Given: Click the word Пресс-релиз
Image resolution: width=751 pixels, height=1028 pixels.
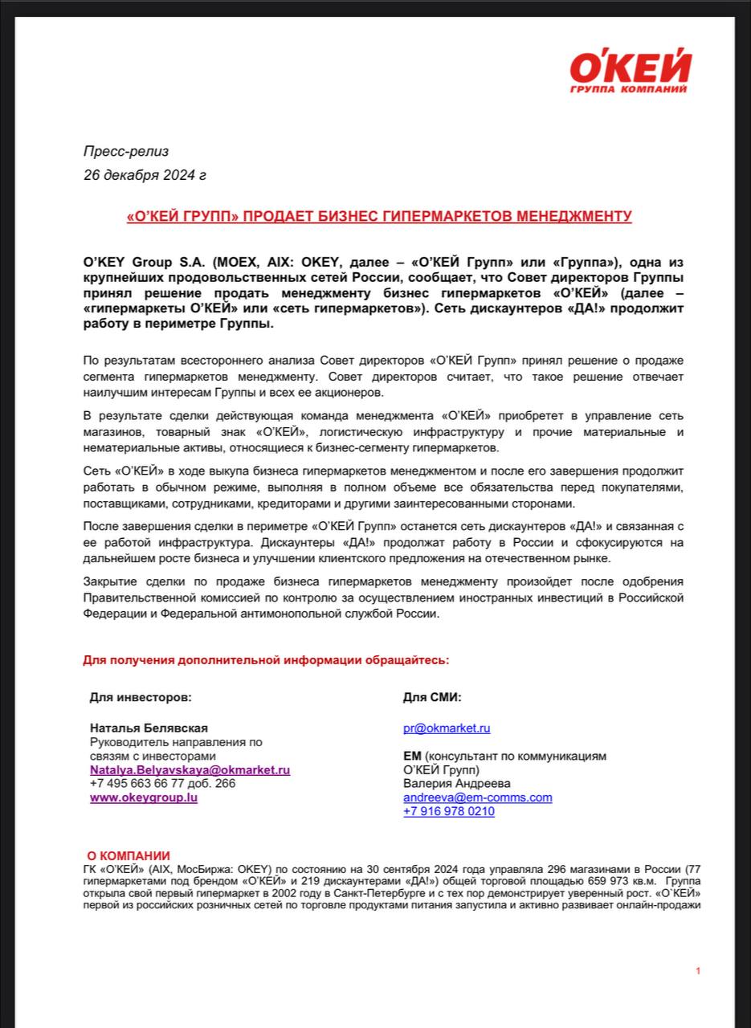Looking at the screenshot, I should tap(126, 151).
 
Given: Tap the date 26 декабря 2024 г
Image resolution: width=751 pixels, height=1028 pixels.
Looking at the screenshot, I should tap(145, 174).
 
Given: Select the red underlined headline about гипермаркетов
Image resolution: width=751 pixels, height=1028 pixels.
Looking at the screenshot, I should tap(379, 216).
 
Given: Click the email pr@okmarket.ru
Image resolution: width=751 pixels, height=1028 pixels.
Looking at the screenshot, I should tap(447, 728).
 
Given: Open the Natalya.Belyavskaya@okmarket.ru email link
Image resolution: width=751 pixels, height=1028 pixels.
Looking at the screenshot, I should tap(190, 769).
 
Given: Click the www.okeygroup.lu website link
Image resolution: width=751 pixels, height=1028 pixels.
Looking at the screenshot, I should tap(144, 798).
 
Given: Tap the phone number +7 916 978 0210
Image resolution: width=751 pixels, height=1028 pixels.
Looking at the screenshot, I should tap(449, 811).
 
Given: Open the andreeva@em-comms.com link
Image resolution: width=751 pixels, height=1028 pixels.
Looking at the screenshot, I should tap(477, 798).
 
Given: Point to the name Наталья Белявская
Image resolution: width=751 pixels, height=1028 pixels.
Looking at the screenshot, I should tap(149, 728).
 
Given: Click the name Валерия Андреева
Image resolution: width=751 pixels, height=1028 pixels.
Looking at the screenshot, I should tap(456, 783).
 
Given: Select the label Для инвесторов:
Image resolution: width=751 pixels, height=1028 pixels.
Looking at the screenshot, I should tap(141, 697).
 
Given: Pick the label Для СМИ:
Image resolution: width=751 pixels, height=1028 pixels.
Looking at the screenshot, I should tap(432, 697).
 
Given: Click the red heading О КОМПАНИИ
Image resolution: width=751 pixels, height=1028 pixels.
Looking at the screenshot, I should tap(129, 856).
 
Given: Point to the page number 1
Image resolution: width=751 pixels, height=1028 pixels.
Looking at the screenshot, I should tap(698, 971).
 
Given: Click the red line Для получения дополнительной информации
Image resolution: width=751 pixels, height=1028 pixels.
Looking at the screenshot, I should tap(266, 660).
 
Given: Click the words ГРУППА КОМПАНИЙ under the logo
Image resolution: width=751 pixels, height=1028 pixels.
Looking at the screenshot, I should tap(627, 89).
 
